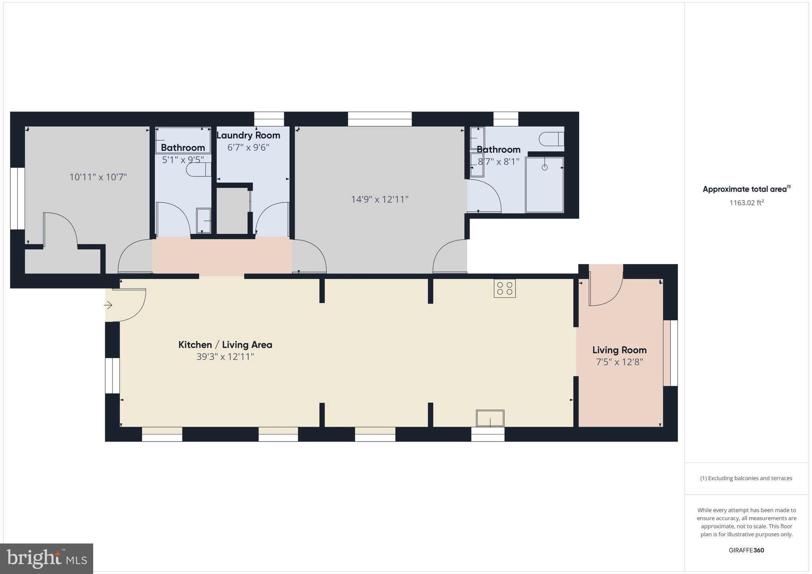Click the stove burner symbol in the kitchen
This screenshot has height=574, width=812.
click(504, 288)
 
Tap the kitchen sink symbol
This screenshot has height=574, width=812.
click(490, 418)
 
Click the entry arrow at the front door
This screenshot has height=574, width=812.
click(108, 305)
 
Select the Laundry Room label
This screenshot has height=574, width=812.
click(248, 135)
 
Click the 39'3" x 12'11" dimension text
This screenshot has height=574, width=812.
click(225, 357)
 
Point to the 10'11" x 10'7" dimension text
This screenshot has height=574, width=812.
click(98, 177)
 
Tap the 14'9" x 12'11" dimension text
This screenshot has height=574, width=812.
click(379, 199)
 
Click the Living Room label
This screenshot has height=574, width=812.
click(619, 350)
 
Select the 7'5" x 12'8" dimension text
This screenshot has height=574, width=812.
click(619, 362)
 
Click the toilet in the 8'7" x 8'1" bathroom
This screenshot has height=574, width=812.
click(552, 139)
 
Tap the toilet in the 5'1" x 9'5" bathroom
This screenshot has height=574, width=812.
click(198, 170)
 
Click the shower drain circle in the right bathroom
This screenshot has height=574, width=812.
click(544, 167)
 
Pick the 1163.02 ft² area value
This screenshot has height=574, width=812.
click(747, 203)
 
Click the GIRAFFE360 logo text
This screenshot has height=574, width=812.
click(746, 550)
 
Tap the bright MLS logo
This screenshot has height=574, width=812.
click(46, 559)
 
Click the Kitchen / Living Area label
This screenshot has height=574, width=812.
click(225, 344)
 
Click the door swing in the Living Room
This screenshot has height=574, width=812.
click(605, 289)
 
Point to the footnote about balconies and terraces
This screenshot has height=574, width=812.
click(746, 478)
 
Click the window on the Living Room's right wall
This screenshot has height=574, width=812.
click(670, 353)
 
